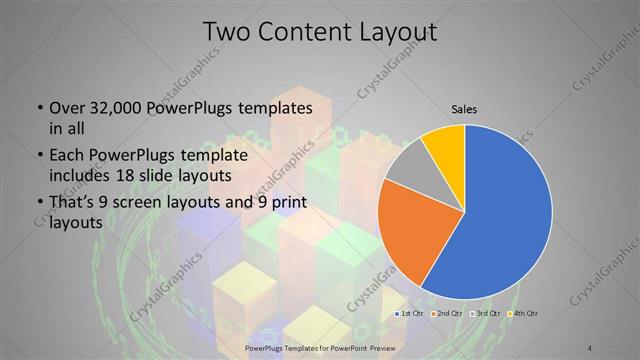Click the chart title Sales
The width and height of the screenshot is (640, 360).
point(463,108)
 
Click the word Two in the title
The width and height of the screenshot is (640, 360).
point(227,32)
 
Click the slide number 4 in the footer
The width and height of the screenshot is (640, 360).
point(591,346)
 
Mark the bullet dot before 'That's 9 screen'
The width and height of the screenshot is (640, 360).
point(38,206)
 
